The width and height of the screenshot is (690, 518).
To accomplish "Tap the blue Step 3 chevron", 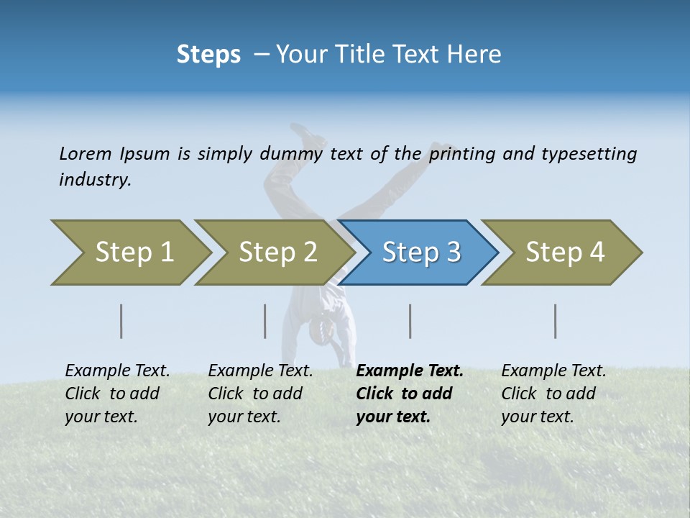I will click(x=420, y=253).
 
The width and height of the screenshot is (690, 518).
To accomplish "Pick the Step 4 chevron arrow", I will click(x=564, y=253).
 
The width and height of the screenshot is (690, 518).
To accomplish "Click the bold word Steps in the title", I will click(x=208, y=55).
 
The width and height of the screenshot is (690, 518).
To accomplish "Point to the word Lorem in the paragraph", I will click(x=85, y=153).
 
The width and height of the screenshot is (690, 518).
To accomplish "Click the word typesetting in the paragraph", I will click(x=589, y=153).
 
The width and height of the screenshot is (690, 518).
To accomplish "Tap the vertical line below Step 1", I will click(x=121, y=321).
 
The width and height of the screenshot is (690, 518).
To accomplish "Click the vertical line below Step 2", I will click(x=265, y=321).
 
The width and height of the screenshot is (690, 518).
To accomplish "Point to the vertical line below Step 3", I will click(x=410, y=321).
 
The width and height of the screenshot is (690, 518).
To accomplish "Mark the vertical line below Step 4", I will click(x=556, y=321).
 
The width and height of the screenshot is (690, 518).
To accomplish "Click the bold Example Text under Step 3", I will click(x=410, y=371).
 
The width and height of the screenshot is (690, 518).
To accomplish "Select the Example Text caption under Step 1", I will click(x=117, y=371).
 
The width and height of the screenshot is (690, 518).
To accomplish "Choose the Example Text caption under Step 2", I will click(x=260, y=371).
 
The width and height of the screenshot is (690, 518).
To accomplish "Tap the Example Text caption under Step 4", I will click(x=553, y=371).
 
